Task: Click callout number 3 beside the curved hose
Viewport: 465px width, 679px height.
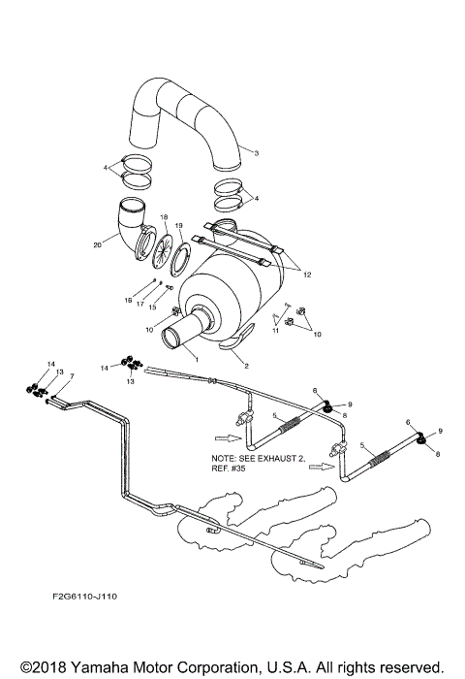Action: (x=255, y=153)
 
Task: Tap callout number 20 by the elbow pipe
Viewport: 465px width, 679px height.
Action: (x=97, y=245)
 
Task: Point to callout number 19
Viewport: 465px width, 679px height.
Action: (x=178, y=225)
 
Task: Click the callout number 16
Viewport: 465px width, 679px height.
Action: (x=127, y=301)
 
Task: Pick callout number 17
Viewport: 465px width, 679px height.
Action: (x=139, y=305)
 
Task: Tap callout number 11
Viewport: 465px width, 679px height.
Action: (x=275, y=331)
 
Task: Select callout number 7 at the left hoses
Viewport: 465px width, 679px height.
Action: (x=71, y=376)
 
